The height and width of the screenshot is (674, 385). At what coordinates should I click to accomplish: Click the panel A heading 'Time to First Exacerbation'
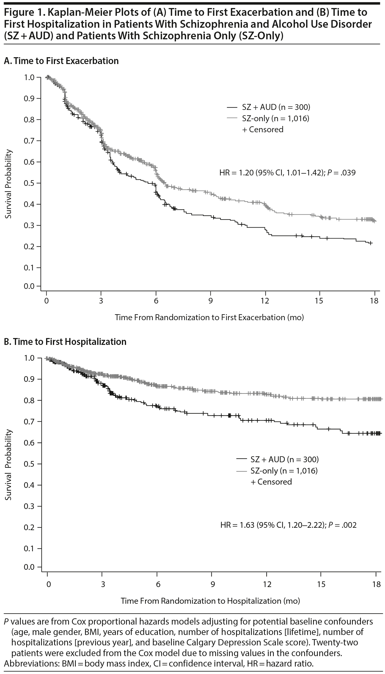tap(66, 61)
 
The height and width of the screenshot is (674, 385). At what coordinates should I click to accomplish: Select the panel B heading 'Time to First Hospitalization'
tap(70, 342)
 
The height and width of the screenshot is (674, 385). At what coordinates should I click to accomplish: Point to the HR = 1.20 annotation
tap(287, 172)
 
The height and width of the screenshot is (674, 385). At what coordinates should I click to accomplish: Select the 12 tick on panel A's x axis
tap(265, 301)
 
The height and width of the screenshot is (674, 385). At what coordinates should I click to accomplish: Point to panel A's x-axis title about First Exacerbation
tap(209, 317)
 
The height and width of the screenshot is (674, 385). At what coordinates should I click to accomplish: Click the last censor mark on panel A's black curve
tap(370, 243)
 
